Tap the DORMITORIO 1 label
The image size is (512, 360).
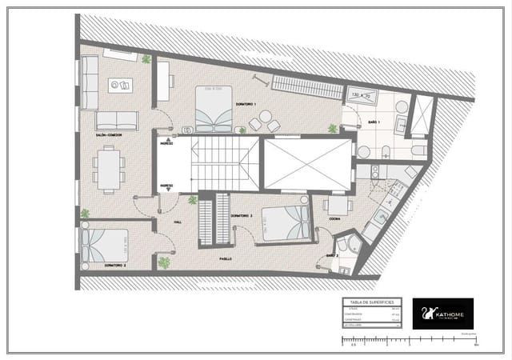(x=246, y=105)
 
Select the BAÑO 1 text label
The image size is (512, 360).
(x=374, y=122)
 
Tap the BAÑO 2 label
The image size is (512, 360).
(x=332, y=255)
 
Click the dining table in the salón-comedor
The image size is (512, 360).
(x=109, y=169)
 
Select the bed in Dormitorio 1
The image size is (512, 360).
(x=213, y=109)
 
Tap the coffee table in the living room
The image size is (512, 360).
(x=120, y=85)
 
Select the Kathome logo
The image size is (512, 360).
(x=442, y=312)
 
